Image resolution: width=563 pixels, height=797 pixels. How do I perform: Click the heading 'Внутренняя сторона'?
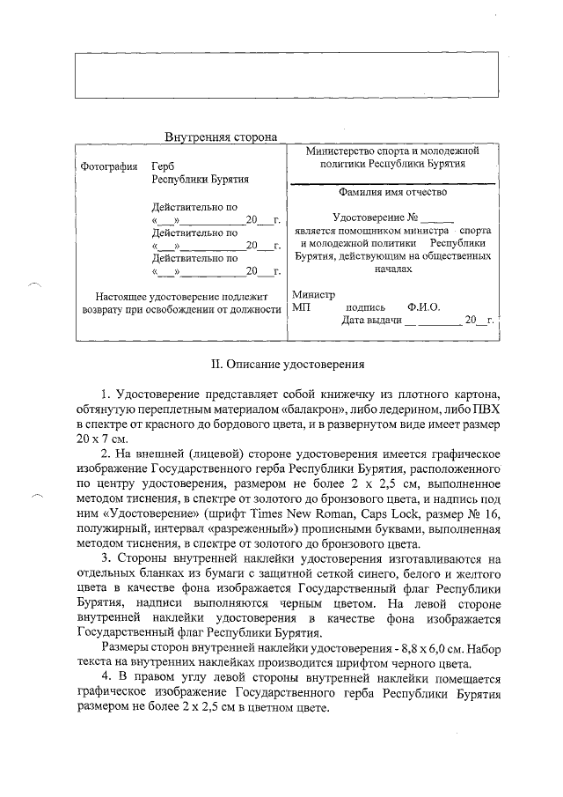[221, 137]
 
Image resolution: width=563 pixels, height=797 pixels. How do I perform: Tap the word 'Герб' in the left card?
[163, 166]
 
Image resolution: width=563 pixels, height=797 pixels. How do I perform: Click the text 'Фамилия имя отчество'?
[391, 192]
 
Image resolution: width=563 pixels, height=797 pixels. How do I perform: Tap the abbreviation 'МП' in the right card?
[301, 307]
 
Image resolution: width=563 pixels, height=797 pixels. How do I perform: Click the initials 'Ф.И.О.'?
[423, 307]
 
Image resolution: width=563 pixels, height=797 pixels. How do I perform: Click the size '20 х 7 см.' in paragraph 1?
[104, 438]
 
